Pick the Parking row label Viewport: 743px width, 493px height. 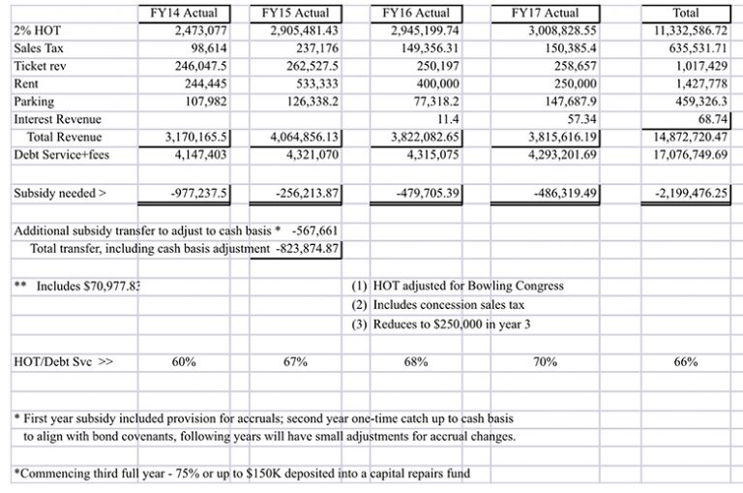click(34, 101)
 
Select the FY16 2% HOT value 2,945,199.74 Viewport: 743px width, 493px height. click(419, 30)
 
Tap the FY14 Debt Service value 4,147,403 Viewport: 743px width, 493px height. click(202, 154)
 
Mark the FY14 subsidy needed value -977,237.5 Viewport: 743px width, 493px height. click(198, 193)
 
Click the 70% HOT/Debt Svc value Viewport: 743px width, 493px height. click(546, 362)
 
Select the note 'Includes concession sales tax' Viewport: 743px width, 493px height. click(448, 304)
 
